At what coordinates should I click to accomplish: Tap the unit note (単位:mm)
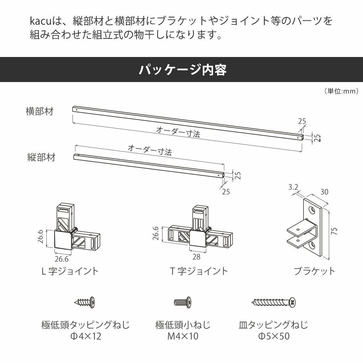[342, 91]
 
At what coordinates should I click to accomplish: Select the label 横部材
[40, 111]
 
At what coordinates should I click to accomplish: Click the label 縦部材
[41, 158]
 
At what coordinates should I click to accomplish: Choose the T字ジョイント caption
[199, 271]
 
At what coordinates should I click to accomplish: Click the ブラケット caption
[314, 271]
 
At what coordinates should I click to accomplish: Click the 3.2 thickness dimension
[293, 188]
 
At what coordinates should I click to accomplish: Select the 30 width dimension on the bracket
[324, 192]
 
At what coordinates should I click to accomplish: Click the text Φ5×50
[274, 337]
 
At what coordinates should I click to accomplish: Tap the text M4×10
[183, 337]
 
